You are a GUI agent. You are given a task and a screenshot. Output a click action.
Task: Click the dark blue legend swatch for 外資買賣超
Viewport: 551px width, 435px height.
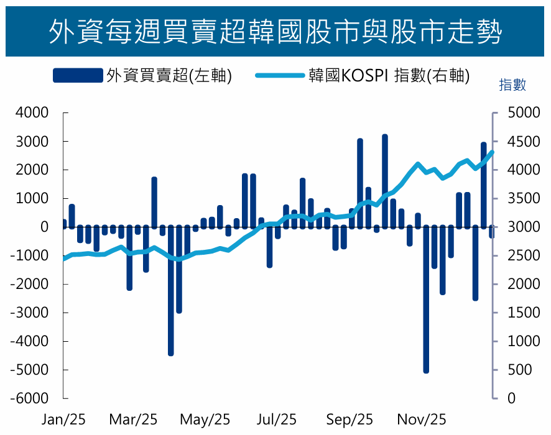[77, 76]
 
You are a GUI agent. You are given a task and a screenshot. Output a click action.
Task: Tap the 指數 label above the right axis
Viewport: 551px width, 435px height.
[512, 86]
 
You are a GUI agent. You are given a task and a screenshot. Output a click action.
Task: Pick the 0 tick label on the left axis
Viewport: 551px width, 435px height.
[44, 227]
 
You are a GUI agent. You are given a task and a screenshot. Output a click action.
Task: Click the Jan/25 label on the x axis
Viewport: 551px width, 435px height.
[63, 420]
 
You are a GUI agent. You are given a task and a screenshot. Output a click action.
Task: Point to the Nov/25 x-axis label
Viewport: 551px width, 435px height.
[422, 420]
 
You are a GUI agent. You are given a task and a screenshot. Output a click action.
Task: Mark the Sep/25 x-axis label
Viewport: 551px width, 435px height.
[350, 420]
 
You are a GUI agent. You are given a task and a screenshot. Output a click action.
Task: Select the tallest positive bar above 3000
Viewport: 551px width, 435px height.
[385, 180]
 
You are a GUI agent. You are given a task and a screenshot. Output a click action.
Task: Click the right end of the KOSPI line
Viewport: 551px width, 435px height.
[492, 152]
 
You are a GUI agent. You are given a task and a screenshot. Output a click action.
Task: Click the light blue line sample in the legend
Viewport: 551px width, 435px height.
[279, 76]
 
